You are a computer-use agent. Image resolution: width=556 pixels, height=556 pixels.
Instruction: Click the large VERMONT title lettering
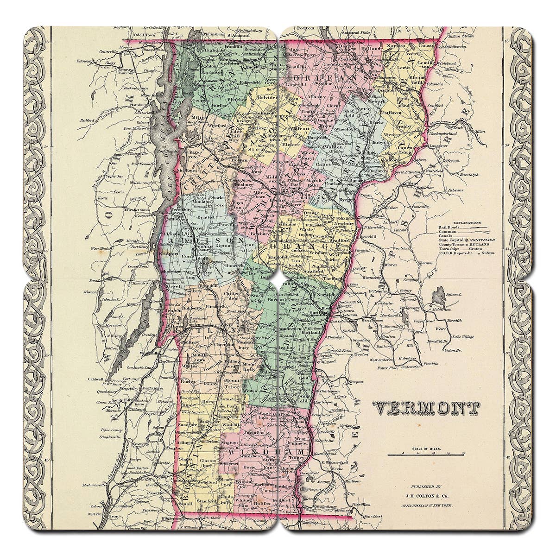coord(427,408)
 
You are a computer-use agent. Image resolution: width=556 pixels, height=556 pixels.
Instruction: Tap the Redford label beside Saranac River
coord(88,120)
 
